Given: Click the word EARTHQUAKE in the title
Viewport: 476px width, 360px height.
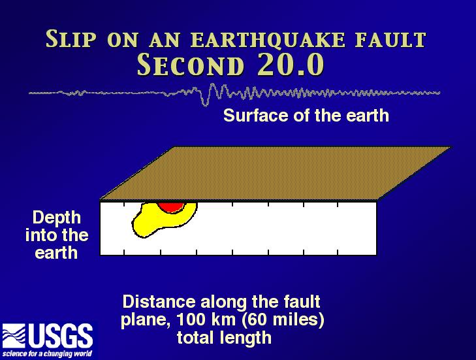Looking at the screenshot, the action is tap(268, 40).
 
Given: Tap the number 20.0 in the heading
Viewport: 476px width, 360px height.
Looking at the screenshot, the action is tap(291, 65).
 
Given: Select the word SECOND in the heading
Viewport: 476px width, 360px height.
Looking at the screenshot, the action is tap(191, 65).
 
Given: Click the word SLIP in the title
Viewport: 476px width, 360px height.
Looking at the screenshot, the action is tap(71, 39).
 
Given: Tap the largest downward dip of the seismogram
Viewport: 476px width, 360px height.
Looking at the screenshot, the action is tap(205, 101).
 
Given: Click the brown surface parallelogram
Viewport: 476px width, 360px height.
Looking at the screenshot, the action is tap(275, 174).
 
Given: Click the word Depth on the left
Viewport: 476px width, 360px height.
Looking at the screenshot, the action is tap(57, 218).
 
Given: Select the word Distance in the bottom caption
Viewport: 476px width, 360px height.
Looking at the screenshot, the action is tap(159, 302).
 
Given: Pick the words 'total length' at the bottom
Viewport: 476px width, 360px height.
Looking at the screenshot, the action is tap(224, 338).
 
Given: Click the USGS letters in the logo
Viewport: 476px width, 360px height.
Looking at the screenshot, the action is tap(61, 336).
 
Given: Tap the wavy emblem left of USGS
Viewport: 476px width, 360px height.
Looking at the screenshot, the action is tap(14, 336).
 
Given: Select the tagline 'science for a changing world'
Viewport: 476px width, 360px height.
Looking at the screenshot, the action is tap(47, 353).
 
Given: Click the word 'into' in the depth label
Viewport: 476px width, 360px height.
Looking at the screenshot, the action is tap(40, 235).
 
